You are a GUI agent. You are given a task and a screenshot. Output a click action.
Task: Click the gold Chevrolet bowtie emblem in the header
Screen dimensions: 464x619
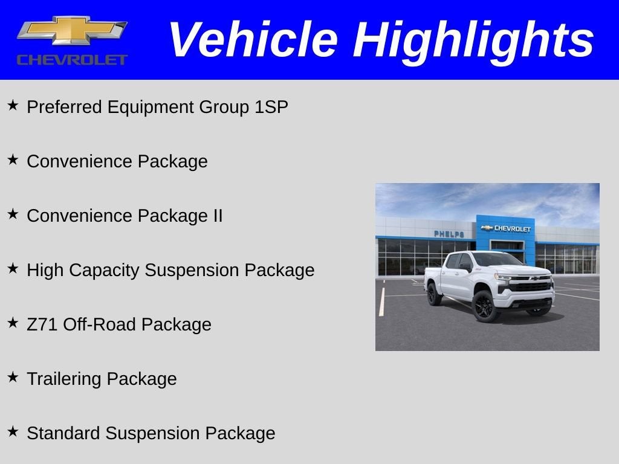click(x=71, y=31)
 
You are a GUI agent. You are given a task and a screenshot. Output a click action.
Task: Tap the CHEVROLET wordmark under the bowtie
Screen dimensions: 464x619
click(x=71, y=60)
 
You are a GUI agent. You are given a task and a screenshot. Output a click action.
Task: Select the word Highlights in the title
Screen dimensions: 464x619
click(x=473, y=40)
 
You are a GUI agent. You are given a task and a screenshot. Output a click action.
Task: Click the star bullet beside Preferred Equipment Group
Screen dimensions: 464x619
click(x=13, y=106)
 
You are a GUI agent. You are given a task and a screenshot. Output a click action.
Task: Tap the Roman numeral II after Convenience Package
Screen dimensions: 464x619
click(x=218, y=216)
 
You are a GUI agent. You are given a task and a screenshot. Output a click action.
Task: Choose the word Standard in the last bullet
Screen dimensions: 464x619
click(x=63, y=433)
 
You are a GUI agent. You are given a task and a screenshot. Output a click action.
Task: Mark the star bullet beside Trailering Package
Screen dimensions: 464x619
click(x=13, y=377)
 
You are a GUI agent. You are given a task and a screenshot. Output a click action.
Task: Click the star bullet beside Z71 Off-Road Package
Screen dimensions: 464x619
click(x=13, y=323)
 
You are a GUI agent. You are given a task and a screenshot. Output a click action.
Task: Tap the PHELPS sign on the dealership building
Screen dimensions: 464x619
click(x=449, y=234)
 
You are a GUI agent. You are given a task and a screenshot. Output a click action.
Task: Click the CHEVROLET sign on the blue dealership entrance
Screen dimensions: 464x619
click(x=507, y=228)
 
